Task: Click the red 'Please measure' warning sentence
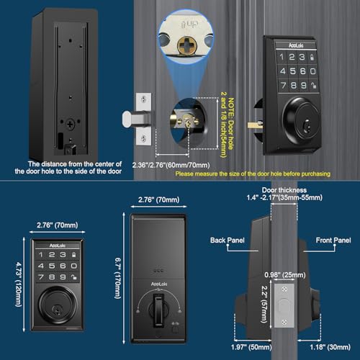253,174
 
